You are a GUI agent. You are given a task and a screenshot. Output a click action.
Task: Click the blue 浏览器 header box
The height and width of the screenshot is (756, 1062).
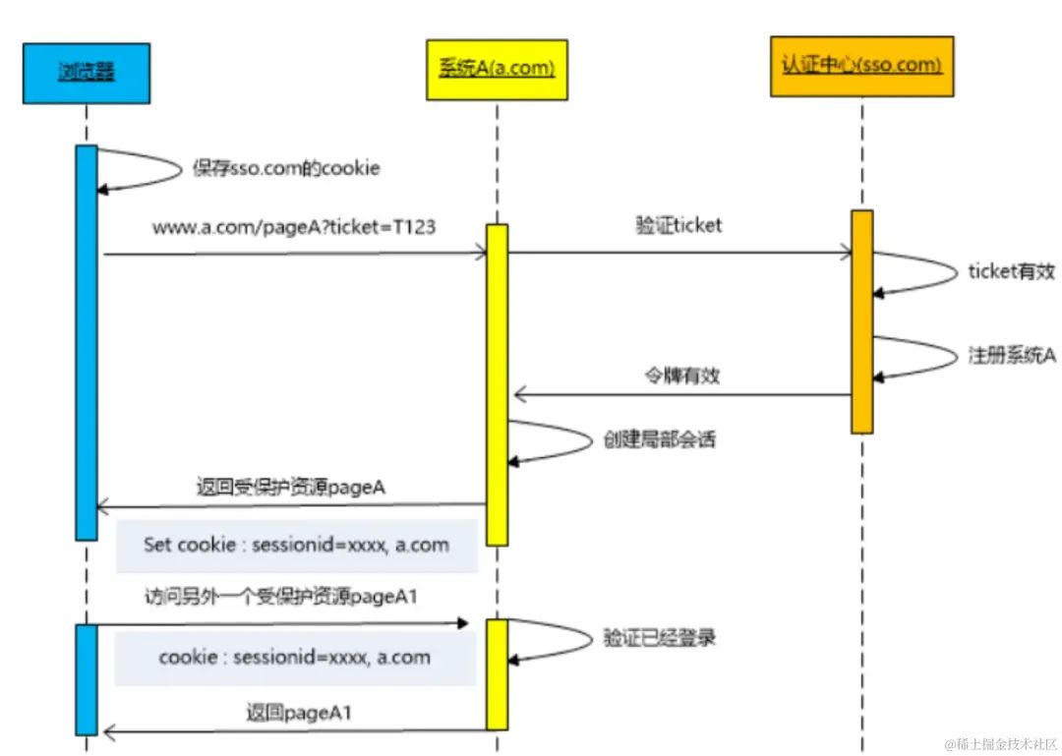click(87, 73)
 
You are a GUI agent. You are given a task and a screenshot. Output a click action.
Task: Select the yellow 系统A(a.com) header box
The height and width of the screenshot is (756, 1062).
click(497, 69)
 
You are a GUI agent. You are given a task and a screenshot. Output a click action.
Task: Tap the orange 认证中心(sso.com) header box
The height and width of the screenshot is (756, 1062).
click(861, 66)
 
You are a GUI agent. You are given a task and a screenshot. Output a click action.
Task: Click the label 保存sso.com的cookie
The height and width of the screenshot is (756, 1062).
click(286, 169)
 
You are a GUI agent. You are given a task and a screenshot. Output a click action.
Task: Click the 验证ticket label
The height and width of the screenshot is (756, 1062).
click(678, 225)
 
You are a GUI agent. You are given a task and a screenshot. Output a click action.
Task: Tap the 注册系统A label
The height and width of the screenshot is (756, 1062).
click(1012, 356)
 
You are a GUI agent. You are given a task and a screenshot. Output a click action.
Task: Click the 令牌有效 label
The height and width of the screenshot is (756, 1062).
click(681, 376)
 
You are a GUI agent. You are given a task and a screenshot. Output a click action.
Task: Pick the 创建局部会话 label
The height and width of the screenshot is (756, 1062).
click(659, 439)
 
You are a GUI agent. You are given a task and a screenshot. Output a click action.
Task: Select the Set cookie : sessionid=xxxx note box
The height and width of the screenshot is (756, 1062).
click(297, 546)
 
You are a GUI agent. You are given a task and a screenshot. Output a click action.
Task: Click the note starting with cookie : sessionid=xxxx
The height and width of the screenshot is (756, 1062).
click(295, 657)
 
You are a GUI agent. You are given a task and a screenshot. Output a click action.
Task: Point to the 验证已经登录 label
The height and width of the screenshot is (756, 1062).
click(659, 638)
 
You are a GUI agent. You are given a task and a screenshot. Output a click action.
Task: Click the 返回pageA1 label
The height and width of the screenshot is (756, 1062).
click(298, 714)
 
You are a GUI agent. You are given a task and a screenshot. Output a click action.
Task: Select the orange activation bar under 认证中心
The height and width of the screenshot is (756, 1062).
click(861, 320)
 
